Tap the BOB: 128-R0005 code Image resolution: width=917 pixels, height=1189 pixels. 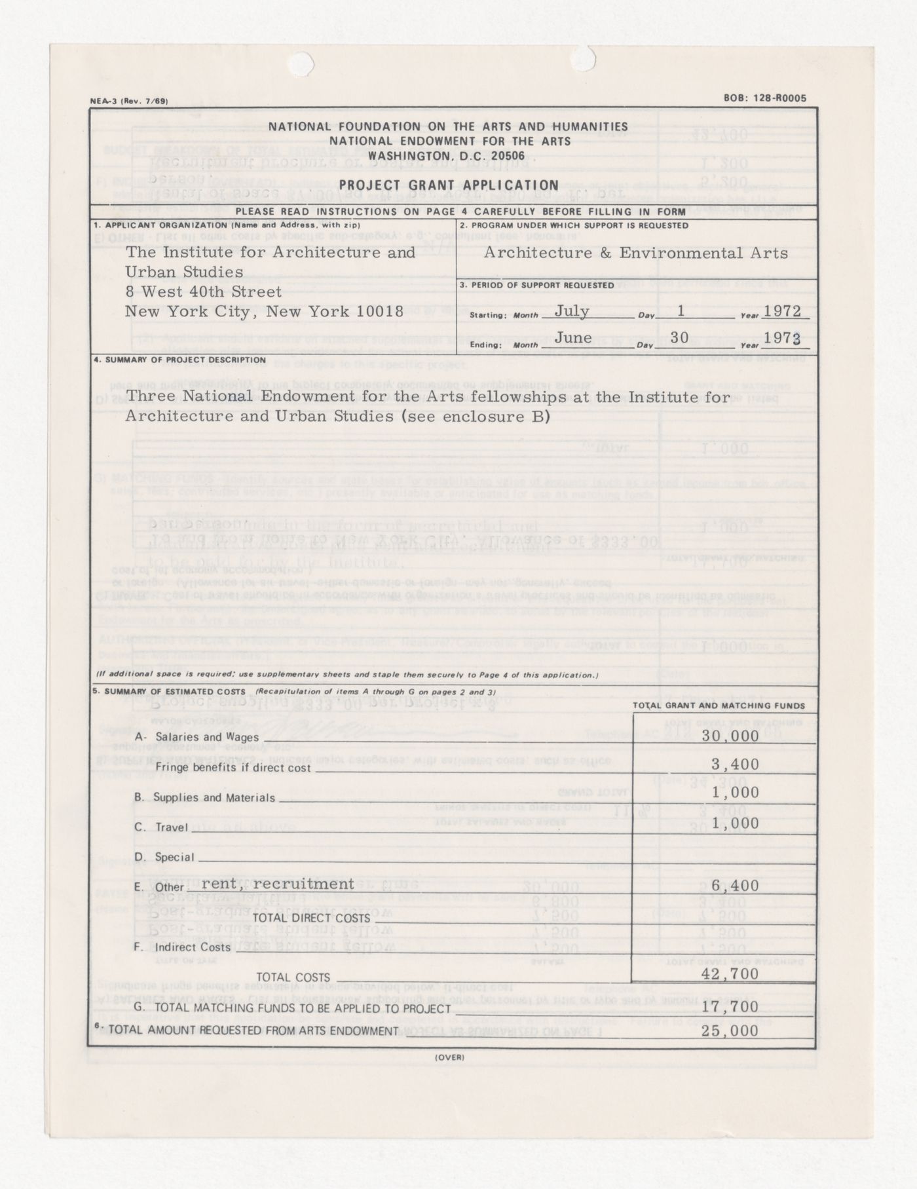(765, 99)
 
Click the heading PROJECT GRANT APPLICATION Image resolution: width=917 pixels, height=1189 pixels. (449, 185)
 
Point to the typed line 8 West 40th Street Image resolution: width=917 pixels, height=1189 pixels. (204, 292)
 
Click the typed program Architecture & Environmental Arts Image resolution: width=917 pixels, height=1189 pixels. (636, 253)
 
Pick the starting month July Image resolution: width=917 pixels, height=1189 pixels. (572, 311)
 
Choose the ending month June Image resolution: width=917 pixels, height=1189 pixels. (573, 338)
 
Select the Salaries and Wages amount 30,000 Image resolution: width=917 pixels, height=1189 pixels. (730, 735)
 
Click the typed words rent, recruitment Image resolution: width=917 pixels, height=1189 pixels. (278, 884)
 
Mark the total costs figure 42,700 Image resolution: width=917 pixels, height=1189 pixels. (730, 974)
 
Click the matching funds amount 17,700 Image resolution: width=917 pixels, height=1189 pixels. (730, 1006)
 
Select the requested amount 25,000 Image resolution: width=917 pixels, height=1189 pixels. (730, 1031)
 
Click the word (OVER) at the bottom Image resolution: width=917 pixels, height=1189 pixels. (449, 1057)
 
